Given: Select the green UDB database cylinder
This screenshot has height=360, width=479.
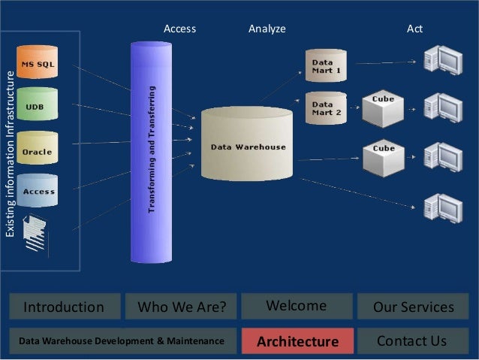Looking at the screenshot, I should (x=35, y=107).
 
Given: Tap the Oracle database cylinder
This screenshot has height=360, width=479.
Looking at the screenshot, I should (x=36, y=150).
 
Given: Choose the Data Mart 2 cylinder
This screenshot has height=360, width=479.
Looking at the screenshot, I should (x=325, y=108).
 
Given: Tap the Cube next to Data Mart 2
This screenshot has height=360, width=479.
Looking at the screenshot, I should (x=382, y=108).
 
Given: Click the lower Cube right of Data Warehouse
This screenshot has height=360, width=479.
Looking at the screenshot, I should (x=383, y=156).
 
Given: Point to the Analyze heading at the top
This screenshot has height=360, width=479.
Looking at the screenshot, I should (x=267, y=29).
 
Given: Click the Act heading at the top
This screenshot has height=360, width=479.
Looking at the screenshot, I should (x=414, y=29).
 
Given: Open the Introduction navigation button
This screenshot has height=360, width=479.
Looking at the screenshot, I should (x=64, y=307).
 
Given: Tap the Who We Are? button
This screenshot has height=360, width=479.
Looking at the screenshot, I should (x=181, y=307).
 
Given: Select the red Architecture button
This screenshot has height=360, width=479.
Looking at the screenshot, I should (x=297, y=341).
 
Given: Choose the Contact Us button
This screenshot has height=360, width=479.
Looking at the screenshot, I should (x=412, y=341).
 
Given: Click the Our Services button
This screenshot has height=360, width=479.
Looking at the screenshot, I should (x=413, y=307).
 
